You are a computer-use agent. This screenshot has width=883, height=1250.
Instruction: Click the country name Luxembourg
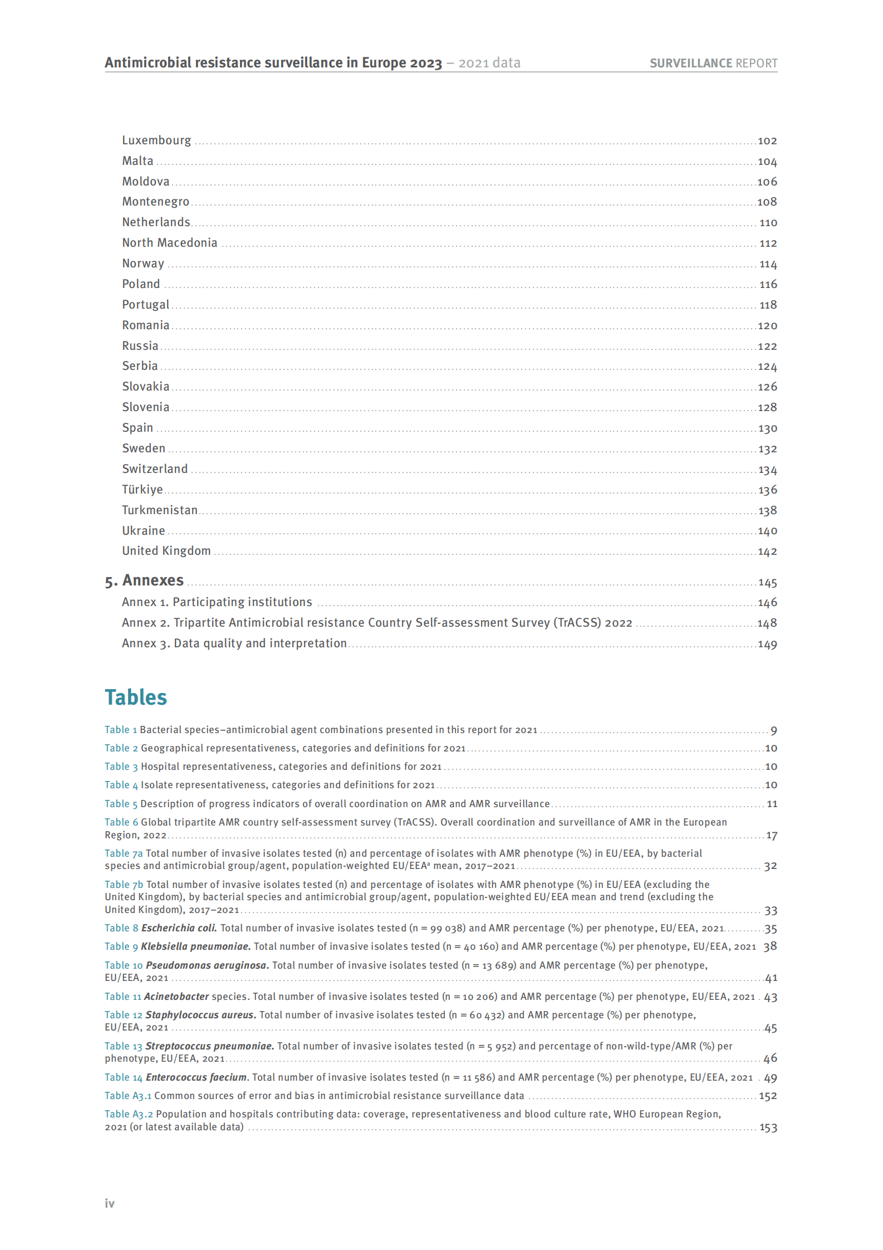[156, 140]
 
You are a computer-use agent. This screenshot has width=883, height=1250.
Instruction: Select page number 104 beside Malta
[767, 162]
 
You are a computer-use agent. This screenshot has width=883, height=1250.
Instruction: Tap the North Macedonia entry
[170, 243]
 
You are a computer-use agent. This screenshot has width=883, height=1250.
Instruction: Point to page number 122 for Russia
[767, 346]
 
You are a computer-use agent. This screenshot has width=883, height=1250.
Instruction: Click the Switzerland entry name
[155, 469]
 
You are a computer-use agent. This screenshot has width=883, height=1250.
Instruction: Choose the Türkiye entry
[143, 490]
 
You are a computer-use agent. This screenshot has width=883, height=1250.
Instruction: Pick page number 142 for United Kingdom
[767, 552]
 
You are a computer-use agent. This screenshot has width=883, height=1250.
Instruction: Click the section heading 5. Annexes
[144, 580]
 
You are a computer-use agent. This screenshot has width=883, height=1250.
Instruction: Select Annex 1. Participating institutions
[217, 602]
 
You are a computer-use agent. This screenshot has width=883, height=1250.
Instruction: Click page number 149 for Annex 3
[767, 644]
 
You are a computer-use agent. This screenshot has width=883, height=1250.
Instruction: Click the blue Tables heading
[136, 697]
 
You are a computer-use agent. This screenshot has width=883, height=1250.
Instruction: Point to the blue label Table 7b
[124, 885]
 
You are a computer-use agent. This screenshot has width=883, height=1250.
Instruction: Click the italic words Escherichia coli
[179, 928]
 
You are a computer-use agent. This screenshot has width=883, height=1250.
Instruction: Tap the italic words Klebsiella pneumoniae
[195, 946]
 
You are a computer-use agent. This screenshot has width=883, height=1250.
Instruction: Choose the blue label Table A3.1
[128, 1096]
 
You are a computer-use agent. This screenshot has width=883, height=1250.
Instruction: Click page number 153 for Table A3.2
[768, 1127]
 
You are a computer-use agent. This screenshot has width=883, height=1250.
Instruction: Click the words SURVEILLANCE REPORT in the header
[713, 64]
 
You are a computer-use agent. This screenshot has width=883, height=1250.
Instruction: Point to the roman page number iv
[110, 1204]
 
